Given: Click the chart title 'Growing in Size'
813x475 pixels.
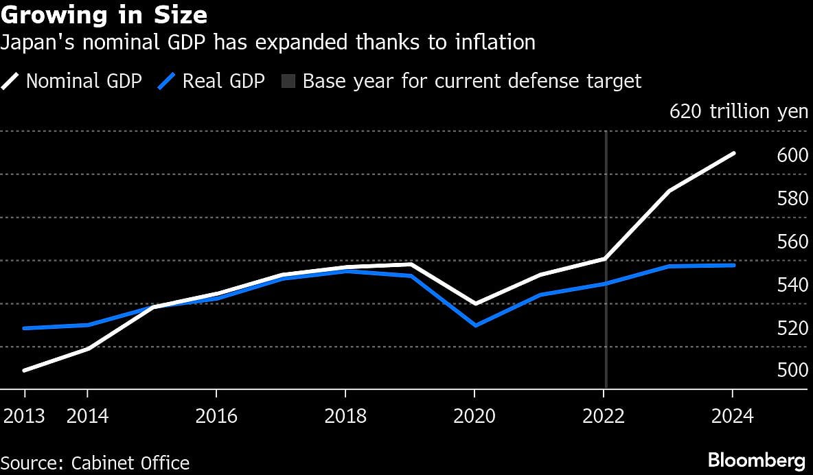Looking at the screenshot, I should coord(104,14).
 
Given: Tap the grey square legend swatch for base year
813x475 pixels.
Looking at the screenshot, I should coord(288,82).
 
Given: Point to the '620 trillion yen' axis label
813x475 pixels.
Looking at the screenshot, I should coord(739,112).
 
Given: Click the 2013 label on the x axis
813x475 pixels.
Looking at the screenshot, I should coord(25,416).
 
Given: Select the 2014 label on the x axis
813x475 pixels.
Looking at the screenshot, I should coord(88,416).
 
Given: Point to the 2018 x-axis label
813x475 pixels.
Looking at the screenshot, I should coord(345,416).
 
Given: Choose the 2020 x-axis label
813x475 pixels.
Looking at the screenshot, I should coord(474,416).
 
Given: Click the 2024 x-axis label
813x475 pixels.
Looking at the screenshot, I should coord(732,416).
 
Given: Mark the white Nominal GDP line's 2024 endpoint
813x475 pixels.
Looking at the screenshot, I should coord(734,153).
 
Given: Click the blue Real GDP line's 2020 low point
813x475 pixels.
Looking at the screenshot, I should coord(474,325).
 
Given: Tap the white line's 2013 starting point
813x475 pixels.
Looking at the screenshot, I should coord(25,371).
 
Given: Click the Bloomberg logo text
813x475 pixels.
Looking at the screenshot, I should coord(757,460).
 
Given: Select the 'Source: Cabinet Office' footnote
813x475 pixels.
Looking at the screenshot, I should coord(95,463).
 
